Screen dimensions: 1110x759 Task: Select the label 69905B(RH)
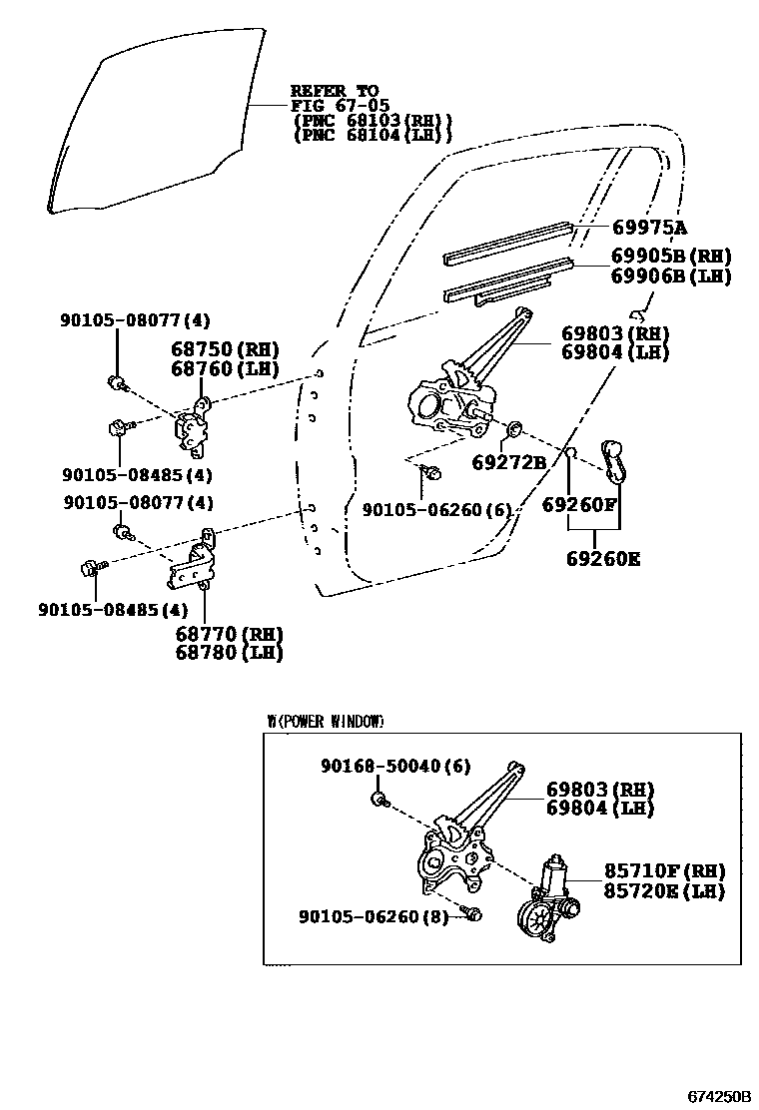(671, 258)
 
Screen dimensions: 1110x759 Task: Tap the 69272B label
(508, 463)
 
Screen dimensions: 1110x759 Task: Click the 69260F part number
(580, 505)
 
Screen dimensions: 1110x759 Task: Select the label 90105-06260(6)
(436, 510)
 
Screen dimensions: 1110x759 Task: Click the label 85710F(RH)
(663, 871)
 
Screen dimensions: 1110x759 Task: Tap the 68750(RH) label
(224, 349)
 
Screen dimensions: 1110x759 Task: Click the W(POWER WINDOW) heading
(325, 721)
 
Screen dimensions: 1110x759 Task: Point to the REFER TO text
(335, 91)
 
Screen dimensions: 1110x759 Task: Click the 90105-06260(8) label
(377, 915)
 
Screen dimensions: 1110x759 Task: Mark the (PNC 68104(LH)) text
(373, 135)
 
